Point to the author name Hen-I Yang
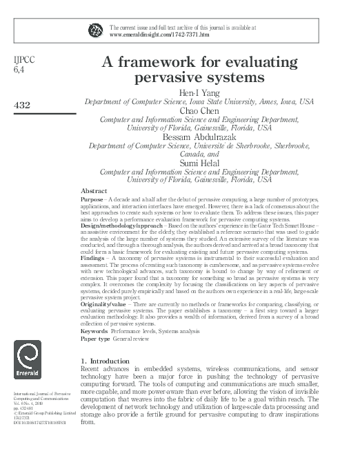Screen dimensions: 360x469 point(215,91)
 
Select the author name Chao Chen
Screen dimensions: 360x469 point(215,111)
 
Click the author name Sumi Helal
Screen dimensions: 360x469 point(215,162)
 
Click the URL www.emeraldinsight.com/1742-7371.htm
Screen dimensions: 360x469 point(159,34)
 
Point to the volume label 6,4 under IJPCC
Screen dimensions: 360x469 point(19,70)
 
